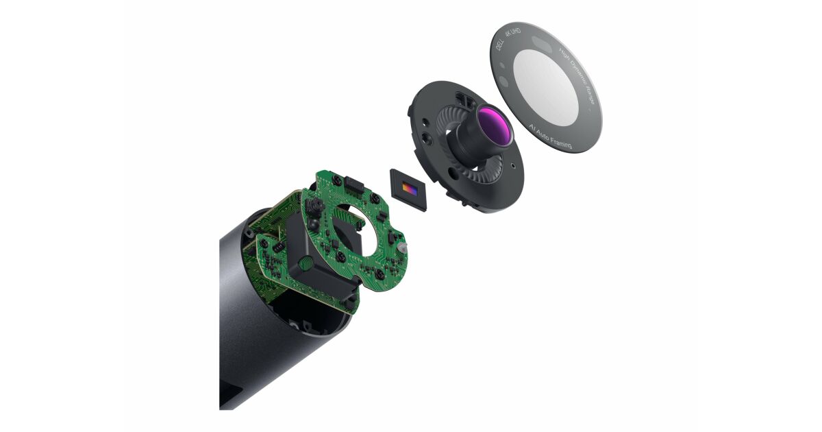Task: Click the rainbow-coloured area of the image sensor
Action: coord(410,188)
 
